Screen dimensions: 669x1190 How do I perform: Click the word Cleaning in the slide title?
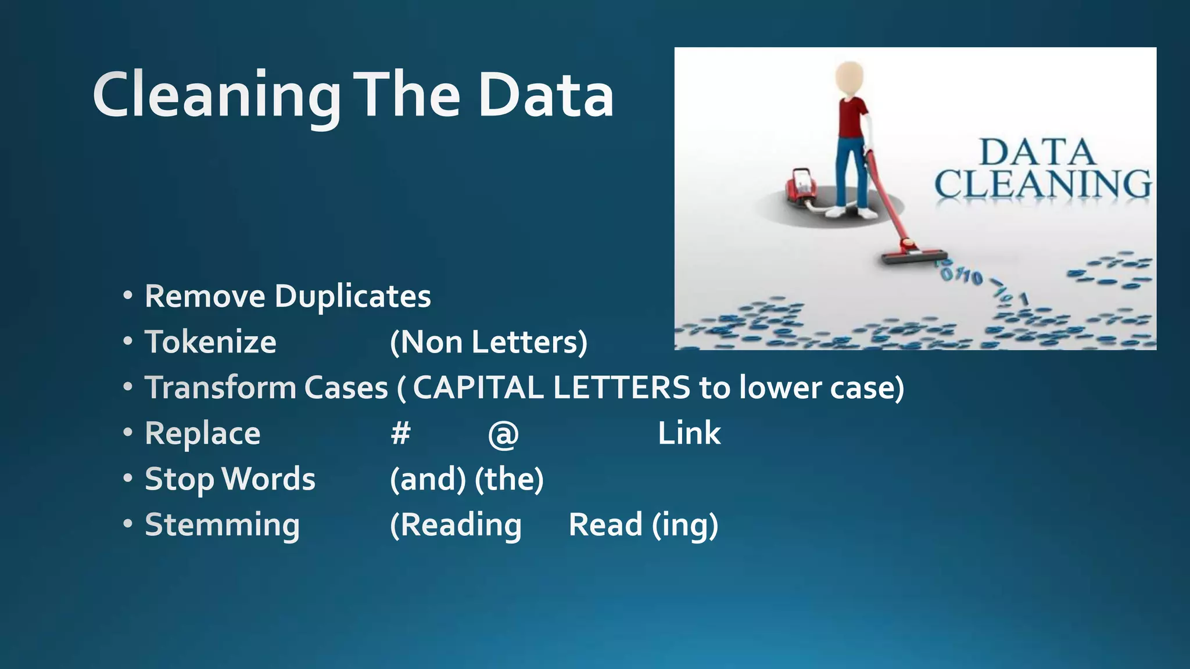(216, 96)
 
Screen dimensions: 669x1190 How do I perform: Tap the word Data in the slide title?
(546, 96)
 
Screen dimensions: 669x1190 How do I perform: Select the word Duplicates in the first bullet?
(353, 296)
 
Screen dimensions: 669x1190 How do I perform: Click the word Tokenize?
(210, 341)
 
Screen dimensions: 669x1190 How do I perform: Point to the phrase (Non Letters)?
(489, 341)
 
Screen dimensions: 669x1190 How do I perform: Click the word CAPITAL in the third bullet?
(478, 387)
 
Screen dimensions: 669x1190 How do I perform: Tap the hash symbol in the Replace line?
(400, 433)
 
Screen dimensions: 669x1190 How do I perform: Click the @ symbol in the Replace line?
(503, 434)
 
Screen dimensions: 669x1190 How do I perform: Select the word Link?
(689, 433)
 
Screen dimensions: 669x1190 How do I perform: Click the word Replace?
(202, 434)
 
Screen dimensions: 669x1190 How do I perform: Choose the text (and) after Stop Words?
(428, 479)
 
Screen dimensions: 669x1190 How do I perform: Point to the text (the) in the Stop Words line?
(509, 479)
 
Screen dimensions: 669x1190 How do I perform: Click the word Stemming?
(222, 525)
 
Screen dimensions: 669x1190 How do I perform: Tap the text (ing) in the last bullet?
(685, 526)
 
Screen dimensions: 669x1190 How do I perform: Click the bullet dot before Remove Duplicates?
(128, 296)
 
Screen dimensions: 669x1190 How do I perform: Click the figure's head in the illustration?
(850, 79)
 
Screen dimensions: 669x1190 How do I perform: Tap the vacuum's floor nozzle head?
(913, 256)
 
